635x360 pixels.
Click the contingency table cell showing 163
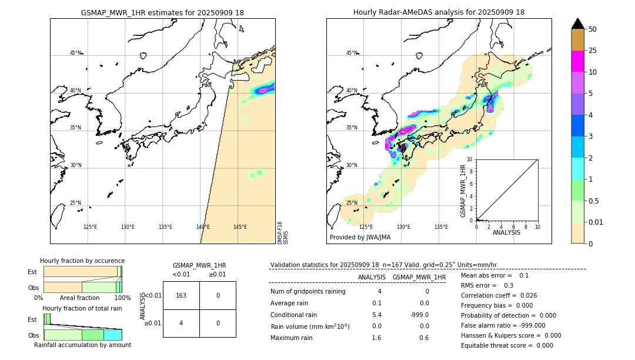point(181,295)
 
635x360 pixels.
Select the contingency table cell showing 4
point(181,323)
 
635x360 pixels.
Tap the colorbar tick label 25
point(593,51)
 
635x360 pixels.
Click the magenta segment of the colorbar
point(578,61)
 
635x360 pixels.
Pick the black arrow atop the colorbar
point(578,23)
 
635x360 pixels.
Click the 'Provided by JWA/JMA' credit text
point(360,237)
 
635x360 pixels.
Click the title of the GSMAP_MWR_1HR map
point(162,12)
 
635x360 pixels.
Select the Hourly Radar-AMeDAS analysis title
point(439,12)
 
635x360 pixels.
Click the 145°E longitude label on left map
point(240,227)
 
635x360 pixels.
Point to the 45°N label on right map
point(352,53)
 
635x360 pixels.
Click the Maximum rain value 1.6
point(376,338)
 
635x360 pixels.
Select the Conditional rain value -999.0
point(419,315)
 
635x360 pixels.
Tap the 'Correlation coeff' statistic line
point(500,295)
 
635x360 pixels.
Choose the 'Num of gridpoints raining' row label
point(308,292)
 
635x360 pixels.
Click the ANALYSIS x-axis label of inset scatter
point(506,233)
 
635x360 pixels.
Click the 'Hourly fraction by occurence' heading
point(82,261)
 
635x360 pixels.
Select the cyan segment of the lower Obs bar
point(112,335)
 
